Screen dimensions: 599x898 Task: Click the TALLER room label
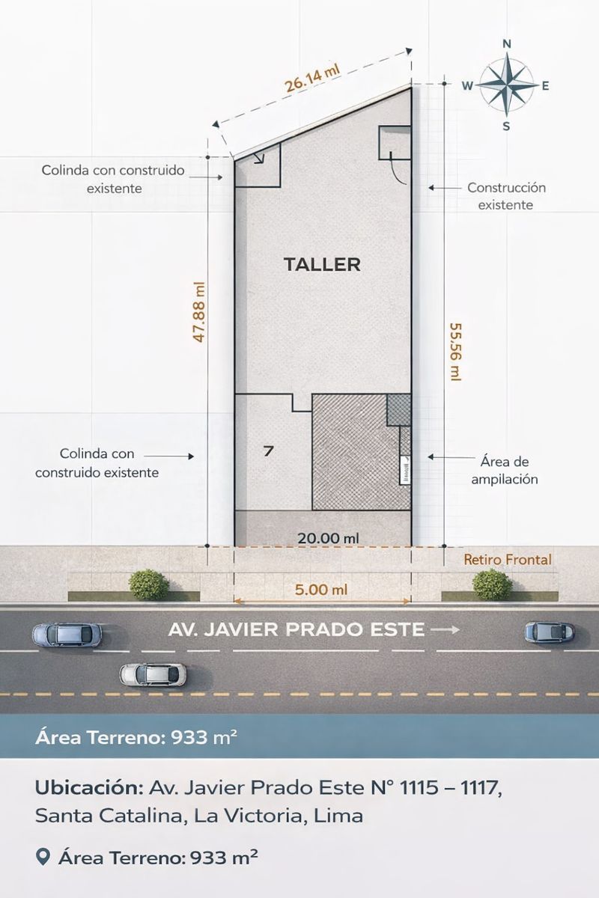pyautogui.click(x=322, y=265)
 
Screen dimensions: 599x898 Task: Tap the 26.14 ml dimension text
pyautogui.click(x=312, y=79)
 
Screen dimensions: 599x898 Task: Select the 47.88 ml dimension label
pyautogui.click(x=199, y=312)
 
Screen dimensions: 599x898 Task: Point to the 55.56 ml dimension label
pyautogui.click(x=455, y=352)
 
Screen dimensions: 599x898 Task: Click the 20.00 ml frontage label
pyautogui.click(x=328, y=538)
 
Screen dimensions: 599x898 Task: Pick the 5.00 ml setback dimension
pyautogui.click(x=321, y=590)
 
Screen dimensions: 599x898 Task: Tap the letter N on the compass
pyautogui.click(x=507, y=44)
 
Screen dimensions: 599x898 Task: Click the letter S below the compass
pyautogui.click(x=506, y=126)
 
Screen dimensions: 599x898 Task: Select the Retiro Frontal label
pyautogui.click(x=508, y=560)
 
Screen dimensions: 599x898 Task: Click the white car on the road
pyautogui.click(x=153, y=674)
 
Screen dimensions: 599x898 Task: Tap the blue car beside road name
pyautogui.click(x=550, y=632)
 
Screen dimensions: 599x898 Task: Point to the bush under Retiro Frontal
pyautogui.click(x=492, y=584)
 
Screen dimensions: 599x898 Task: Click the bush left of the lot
pyautogui.click(x=149, y=585)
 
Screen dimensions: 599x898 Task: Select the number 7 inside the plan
pyautogui.click(x=269, y=452)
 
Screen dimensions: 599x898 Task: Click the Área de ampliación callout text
pyautogui.click(x=505, y=470)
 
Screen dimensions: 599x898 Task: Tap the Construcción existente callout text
pyautogui.click(x=506, y=196)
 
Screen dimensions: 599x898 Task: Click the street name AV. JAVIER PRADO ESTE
pyautogui.click(x=296, y=629)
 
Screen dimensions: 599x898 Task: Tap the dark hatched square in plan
pyautogui.click(x=399, y=410)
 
